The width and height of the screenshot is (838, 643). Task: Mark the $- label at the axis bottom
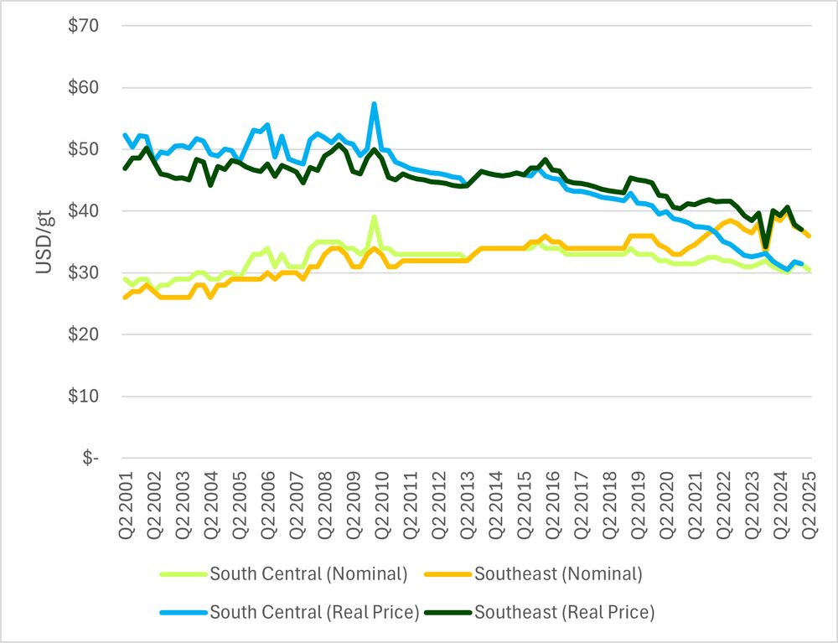(x=88, y=459)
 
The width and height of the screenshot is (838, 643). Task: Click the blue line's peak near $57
(x=374, y=104)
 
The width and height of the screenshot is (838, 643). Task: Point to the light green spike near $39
(x=374, y=217)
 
